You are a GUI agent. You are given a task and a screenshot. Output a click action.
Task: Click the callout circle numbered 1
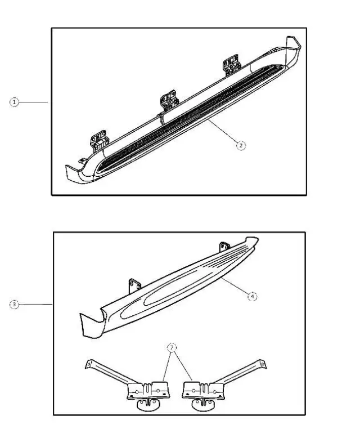pyautogui.click(x=15, y=102)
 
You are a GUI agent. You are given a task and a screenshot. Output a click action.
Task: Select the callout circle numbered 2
pyautogui.click(x=240, y=145)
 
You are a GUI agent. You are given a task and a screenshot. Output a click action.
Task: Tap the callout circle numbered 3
pyautogui.click(x=15, y=305)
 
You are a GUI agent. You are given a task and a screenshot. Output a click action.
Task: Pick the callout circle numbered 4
pyautogui.click(x=253, y=296)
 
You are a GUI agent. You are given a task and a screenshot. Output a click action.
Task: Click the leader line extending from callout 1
pyautogui.click(x=35, y=102)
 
